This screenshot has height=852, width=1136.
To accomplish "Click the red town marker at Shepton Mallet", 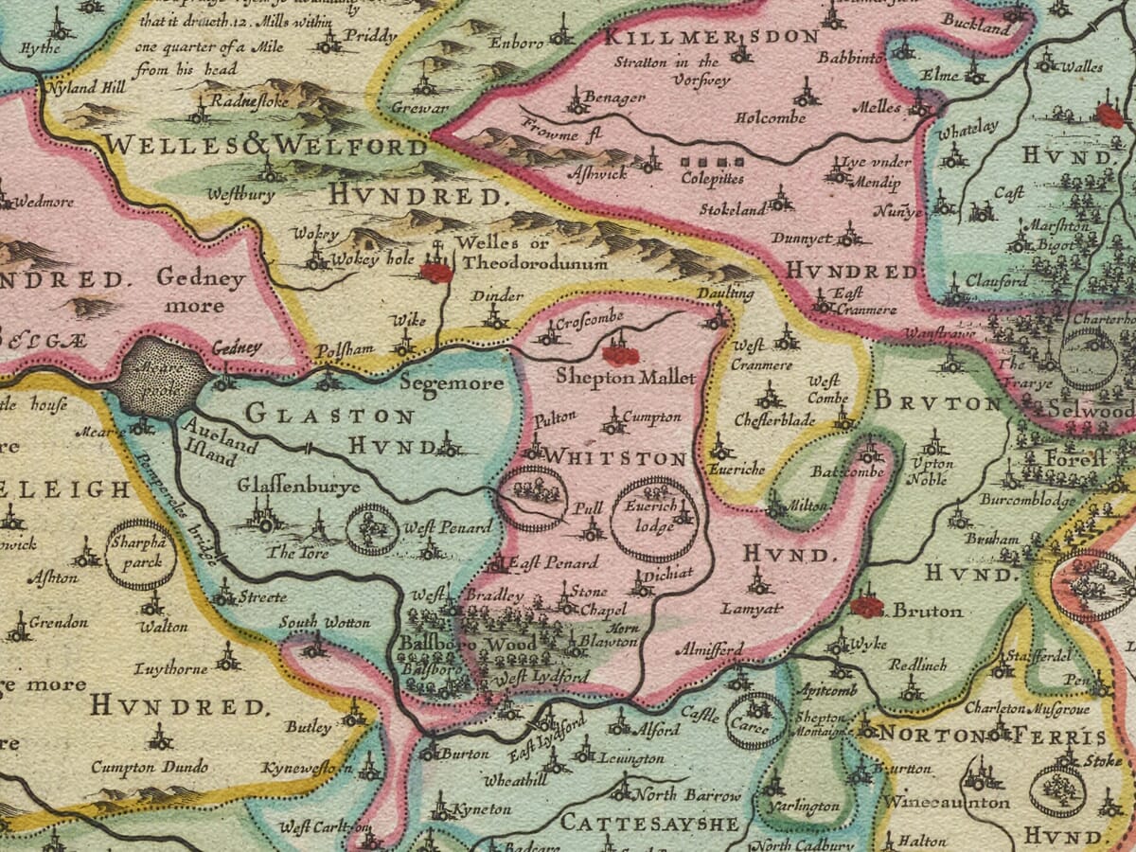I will (620, 355).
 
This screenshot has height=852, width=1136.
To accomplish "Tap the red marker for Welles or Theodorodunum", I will (436, 274).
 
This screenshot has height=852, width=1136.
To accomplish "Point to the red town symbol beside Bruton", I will (866, 607).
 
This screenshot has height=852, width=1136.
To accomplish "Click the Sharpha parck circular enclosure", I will (140, 555).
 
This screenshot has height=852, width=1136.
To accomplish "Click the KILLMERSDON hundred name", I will (711, 37).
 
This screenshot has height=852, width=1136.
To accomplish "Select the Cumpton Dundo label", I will (136, 767).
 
